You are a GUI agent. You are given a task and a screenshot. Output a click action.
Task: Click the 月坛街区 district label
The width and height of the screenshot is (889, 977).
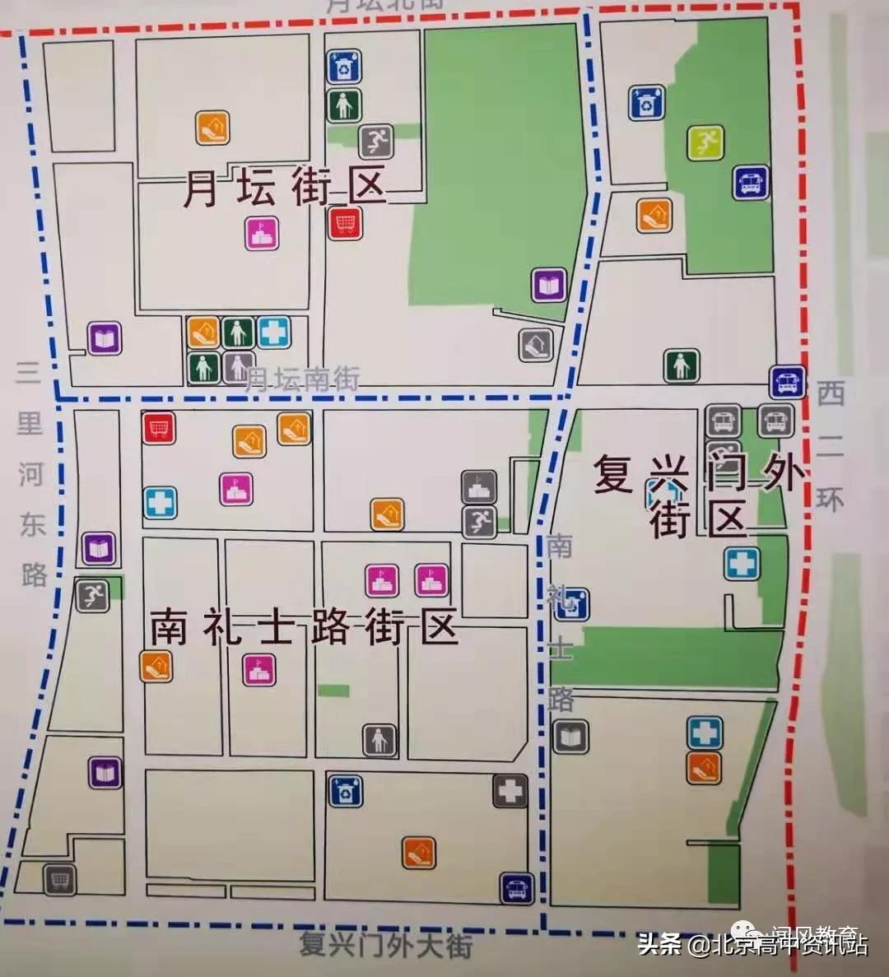tap(284, 188)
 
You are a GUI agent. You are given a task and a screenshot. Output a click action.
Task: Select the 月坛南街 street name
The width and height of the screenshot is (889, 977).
tap(302, 379)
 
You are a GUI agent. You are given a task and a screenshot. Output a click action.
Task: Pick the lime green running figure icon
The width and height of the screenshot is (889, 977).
tap(705, 143)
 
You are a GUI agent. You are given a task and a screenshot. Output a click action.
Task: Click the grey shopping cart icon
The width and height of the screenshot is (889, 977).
tap(60, 880)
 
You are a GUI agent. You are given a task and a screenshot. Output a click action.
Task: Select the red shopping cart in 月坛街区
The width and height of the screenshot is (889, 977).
tap(346, 222)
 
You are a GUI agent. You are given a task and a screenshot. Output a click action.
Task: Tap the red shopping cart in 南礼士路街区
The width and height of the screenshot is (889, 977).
tap(159, 427)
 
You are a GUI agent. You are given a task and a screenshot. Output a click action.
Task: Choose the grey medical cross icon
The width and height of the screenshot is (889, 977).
tap(510, 791)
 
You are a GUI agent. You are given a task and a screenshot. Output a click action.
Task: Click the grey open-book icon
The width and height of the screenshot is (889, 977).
tap(571, 736)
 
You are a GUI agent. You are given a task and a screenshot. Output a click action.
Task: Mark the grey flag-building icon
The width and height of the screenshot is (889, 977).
tap(478, 488)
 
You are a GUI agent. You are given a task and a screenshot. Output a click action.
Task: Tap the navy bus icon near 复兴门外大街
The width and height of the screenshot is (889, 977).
tap(517, 889)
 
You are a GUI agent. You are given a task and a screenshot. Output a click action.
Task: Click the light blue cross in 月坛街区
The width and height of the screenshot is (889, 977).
tap(274, 333)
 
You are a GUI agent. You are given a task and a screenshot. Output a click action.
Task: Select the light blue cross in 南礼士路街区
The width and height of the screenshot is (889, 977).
tap(160, 503)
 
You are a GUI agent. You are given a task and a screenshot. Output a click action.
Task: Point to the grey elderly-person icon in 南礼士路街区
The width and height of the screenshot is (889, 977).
tap(379, 740)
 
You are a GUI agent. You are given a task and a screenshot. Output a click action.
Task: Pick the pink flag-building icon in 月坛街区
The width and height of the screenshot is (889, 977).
tap(262, 234)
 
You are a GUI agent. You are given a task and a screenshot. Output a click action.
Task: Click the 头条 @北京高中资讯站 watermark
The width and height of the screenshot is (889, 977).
tap(752, 944)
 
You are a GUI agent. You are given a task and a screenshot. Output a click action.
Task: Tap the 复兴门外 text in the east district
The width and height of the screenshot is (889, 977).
tap(698, 474)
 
